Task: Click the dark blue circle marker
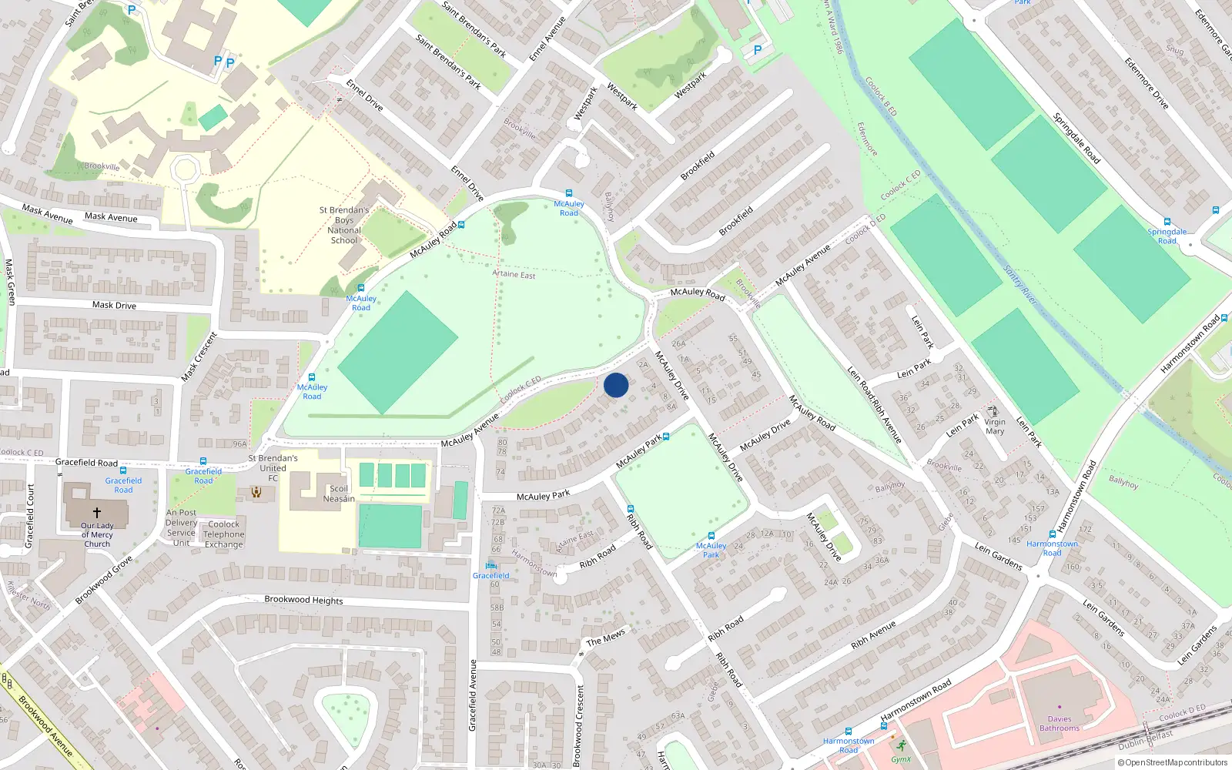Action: (x=616, y=385)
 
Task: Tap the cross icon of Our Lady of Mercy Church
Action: (x=97, y=512)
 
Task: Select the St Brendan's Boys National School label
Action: (x=344, y=225)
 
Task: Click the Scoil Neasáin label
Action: (x=339, y=494)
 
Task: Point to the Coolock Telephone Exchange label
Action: (x=224, y=534)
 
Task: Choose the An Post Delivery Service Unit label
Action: (x=182, y=527)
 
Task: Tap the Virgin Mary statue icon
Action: (x=993, y=411)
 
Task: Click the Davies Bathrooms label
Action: (x=1060, y=723)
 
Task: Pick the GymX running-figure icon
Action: (x=901, y=745)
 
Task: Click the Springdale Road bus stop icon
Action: (x=1167, y=222)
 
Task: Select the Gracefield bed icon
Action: (x=490, y=566)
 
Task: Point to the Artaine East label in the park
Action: (x=514, y=274)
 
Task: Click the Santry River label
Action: (x=1021, y=285)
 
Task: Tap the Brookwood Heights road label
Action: (x=303, y=600)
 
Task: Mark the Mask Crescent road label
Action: (x=199, y=357)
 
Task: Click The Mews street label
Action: (x=606, y=638)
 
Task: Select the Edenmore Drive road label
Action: (x=1147, y=83)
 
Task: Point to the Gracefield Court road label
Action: (x=31, y=516)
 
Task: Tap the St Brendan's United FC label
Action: (x=273, y=467)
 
